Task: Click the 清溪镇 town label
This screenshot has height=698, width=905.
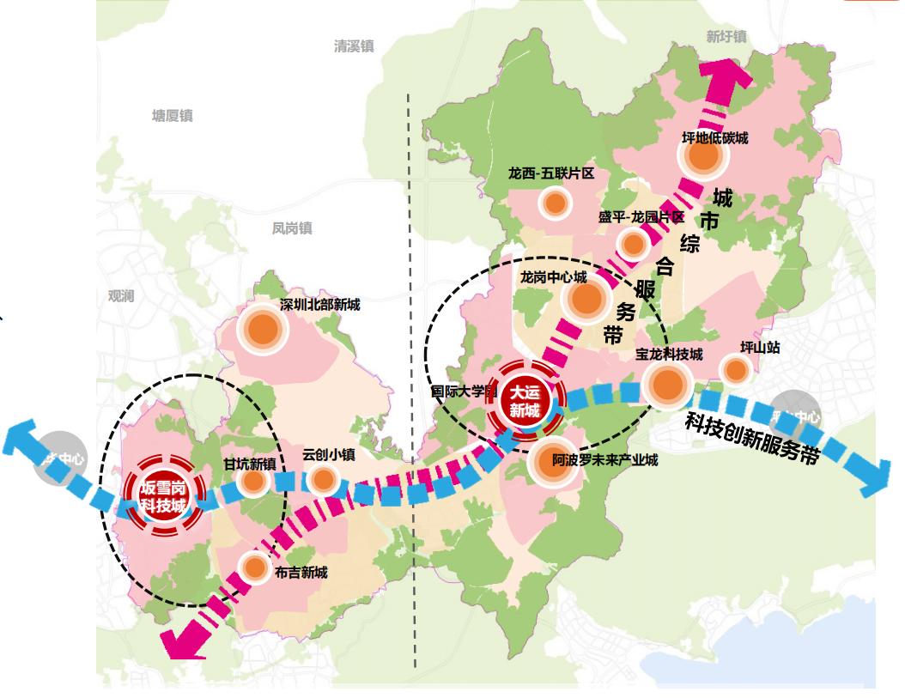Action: pyautogui.click(x=355, y=46)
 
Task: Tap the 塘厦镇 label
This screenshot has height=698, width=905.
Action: pyautogui.click(x=173, y=116)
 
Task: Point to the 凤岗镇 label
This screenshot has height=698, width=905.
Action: pyautogui.click(x=292, y=228)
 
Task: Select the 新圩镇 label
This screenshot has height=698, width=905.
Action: pyautogui.click(x=726, y=37)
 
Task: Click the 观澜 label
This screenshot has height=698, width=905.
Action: pyautogui.click(x=121, y=295)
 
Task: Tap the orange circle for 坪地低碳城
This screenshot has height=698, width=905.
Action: pyautogui.click(x=702, y=157)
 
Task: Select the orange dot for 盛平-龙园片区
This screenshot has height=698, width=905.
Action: pyautogui.click(x=634, y=245)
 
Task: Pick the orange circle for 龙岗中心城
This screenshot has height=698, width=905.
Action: pyautogui.click(x=587, y=299)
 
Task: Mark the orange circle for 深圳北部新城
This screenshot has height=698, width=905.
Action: pyautogui.click(x=260, y=327)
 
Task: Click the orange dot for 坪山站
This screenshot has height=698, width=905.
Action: pyautogui.click(x=735, y=370)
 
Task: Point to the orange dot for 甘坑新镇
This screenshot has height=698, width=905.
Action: pyautogui.click(x=253, y=482)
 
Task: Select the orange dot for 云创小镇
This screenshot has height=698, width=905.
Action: pyautogui.click(x=321, y=480)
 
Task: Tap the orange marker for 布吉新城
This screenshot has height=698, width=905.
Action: pyautogui.click(x=254, y=568)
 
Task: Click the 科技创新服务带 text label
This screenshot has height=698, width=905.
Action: pyautogui.click(x=750, y=439)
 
